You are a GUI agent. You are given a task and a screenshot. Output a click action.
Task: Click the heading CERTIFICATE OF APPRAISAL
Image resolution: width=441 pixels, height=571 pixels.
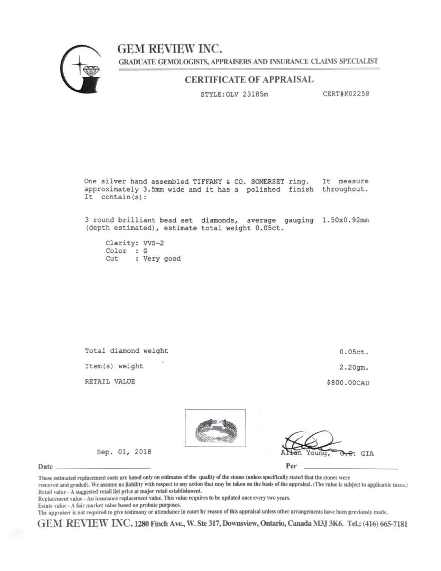[x=249, y=80]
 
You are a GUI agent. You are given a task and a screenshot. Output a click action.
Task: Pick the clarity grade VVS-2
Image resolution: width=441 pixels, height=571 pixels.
[x=154, y=243]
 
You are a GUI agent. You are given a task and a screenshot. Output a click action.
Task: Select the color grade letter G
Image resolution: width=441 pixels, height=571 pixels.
[x=145, y=251]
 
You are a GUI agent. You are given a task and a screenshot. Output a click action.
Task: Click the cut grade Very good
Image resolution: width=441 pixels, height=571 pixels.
[x=162, y=259]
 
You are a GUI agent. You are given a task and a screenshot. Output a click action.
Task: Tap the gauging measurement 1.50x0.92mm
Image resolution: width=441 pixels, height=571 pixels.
[x=345, y=220]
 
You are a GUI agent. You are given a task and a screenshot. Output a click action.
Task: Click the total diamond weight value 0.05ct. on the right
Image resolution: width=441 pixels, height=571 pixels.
[x=354, y=352]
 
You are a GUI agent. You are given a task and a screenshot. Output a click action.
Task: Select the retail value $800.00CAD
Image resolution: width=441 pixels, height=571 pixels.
[x=348, y=383]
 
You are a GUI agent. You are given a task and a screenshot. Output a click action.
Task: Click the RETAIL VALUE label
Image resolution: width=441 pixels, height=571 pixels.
[x=110, y=382]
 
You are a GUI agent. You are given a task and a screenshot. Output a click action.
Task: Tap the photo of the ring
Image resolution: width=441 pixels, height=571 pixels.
[x=215, y=428]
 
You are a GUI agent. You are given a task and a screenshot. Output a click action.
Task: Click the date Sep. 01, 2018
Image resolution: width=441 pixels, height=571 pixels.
[x=124, y=452]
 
